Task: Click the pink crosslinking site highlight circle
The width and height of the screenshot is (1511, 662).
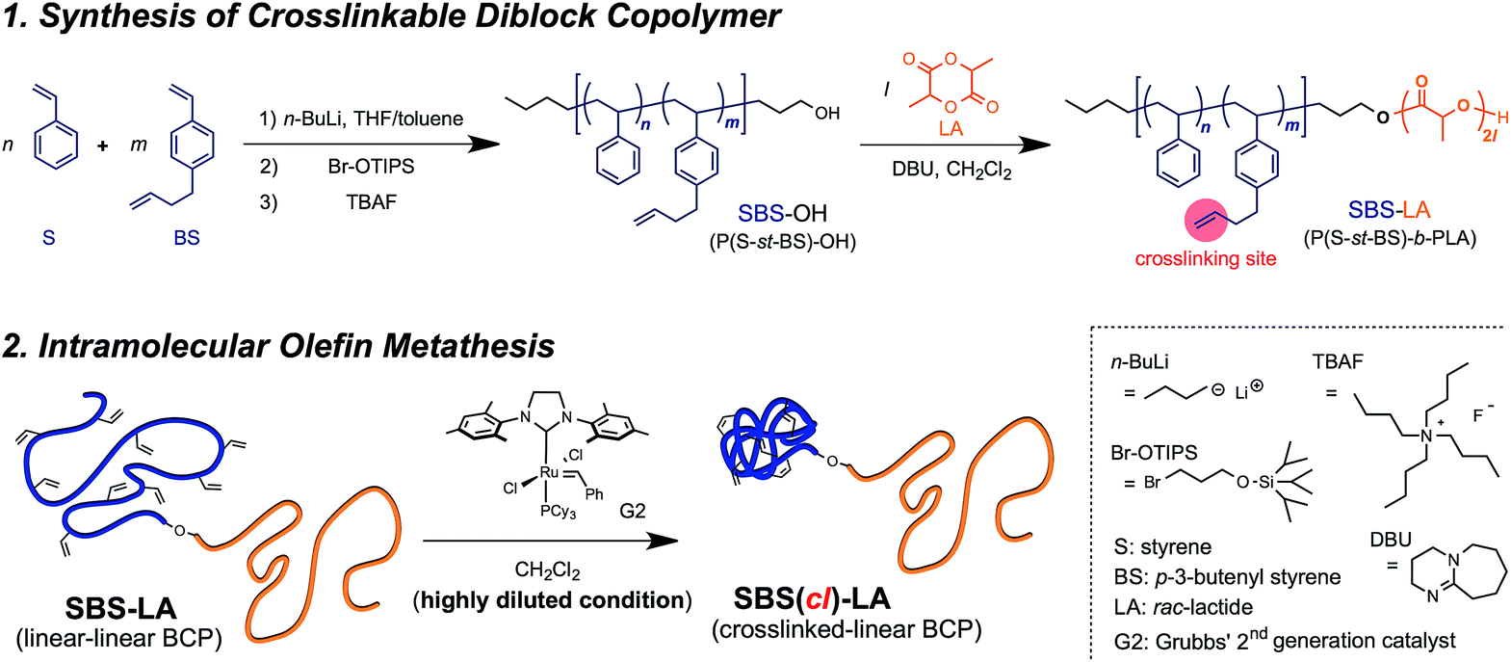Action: click(1205, 221)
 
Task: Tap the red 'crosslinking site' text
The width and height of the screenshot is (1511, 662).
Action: click(1205, 258)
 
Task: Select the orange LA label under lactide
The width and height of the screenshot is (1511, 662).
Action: click(950, 129)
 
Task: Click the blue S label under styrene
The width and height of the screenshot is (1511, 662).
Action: click(49, 237)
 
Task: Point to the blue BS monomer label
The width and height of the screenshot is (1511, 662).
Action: click(186, 237)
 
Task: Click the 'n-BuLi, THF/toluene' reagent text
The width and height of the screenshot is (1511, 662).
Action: click(373, 119)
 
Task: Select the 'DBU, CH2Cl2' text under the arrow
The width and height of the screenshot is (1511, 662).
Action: click(951, 170)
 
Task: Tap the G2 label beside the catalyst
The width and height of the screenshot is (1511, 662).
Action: click(633, 511)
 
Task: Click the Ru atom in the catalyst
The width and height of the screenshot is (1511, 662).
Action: click(549, 472)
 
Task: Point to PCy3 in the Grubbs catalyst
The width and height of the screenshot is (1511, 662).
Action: click(558, 512)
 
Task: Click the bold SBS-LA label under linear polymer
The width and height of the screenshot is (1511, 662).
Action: click(120, 609)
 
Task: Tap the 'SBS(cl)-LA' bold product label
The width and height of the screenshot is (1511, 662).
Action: click(812, 598)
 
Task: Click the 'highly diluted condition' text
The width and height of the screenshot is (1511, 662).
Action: click(553, 600)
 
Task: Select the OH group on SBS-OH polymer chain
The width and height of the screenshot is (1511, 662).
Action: click(826, 114)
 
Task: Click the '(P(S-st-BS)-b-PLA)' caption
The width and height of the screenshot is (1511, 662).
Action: click(1390, 238)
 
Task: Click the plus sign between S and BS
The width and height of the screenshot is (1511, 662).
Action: click(103, 146)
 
